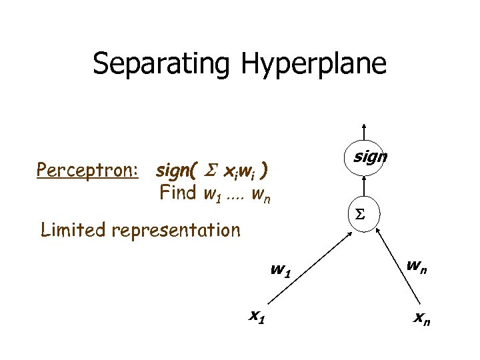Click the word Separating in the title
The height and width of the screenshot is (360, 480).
pyautogui.click(x=160, y=65)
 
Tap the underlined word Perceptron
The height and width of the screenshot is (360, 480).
pyautogui.click(x=87, y=171)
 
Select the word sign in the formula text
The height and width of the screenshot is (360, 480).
pyautogui.click(x=173, y=171)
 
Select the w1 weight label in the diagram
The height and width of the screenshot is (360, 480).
pyautogui.click(x=279, y=271)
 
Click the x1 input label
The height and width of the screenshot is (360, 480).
pyautogui.click(x=256, y=317)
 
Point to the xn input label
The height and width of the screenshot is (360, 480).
pyautogui.click(x=421, y=320)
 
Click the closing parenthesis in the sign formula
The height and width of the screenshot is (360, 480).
pyautogui.click(x=265, y=171)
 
